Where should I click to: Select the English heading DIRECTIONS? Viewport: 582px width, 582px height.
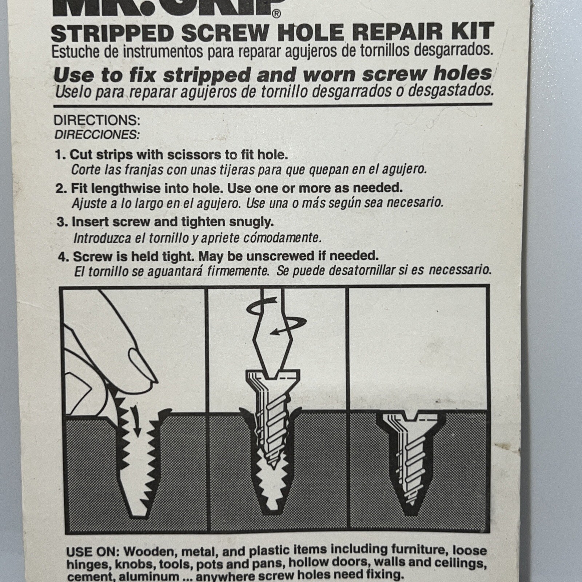[x=97, y=120]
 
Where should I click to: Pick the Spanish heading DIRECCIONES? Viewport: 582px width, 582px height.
[x=97, y=135]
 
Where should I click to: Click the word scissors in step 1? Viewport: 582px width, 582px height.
[x=194, y=155]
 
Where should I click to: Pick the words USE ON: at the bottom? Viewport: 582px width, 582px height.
[x=92, y=552]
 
